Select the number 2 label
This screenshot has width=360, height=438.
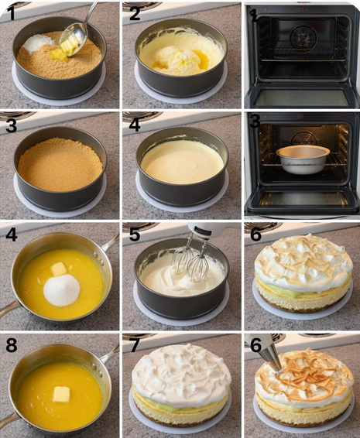click(x=135, y=13)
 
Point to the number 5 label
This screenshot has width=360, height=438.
click(x=135, y=234)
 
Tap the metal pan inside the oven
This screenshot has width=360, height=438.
click(x=303, y=159)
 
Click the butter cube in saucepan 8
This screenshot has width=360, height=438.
click(x=61, y=394)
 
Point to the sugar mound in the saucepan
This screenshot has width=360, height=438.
click(x=62, y=289)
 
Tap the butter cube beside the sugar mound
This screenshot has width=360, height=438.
click(x=59, y=269)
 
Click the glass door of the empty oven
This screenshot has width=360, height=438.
click(x=302, y=98)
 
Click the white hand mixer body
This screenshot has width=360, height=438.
click(x=212, y=230)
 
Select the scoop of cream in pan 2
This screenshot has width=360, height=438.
click(x=177, y=60)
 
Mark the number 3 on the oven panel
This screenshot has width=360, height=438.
click(x=255, y=121)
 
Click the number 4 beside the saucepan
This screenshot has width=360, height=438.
click(x=12, y=234)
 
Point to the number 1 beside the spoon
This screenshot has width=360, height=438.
click(x=10, y=13)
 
